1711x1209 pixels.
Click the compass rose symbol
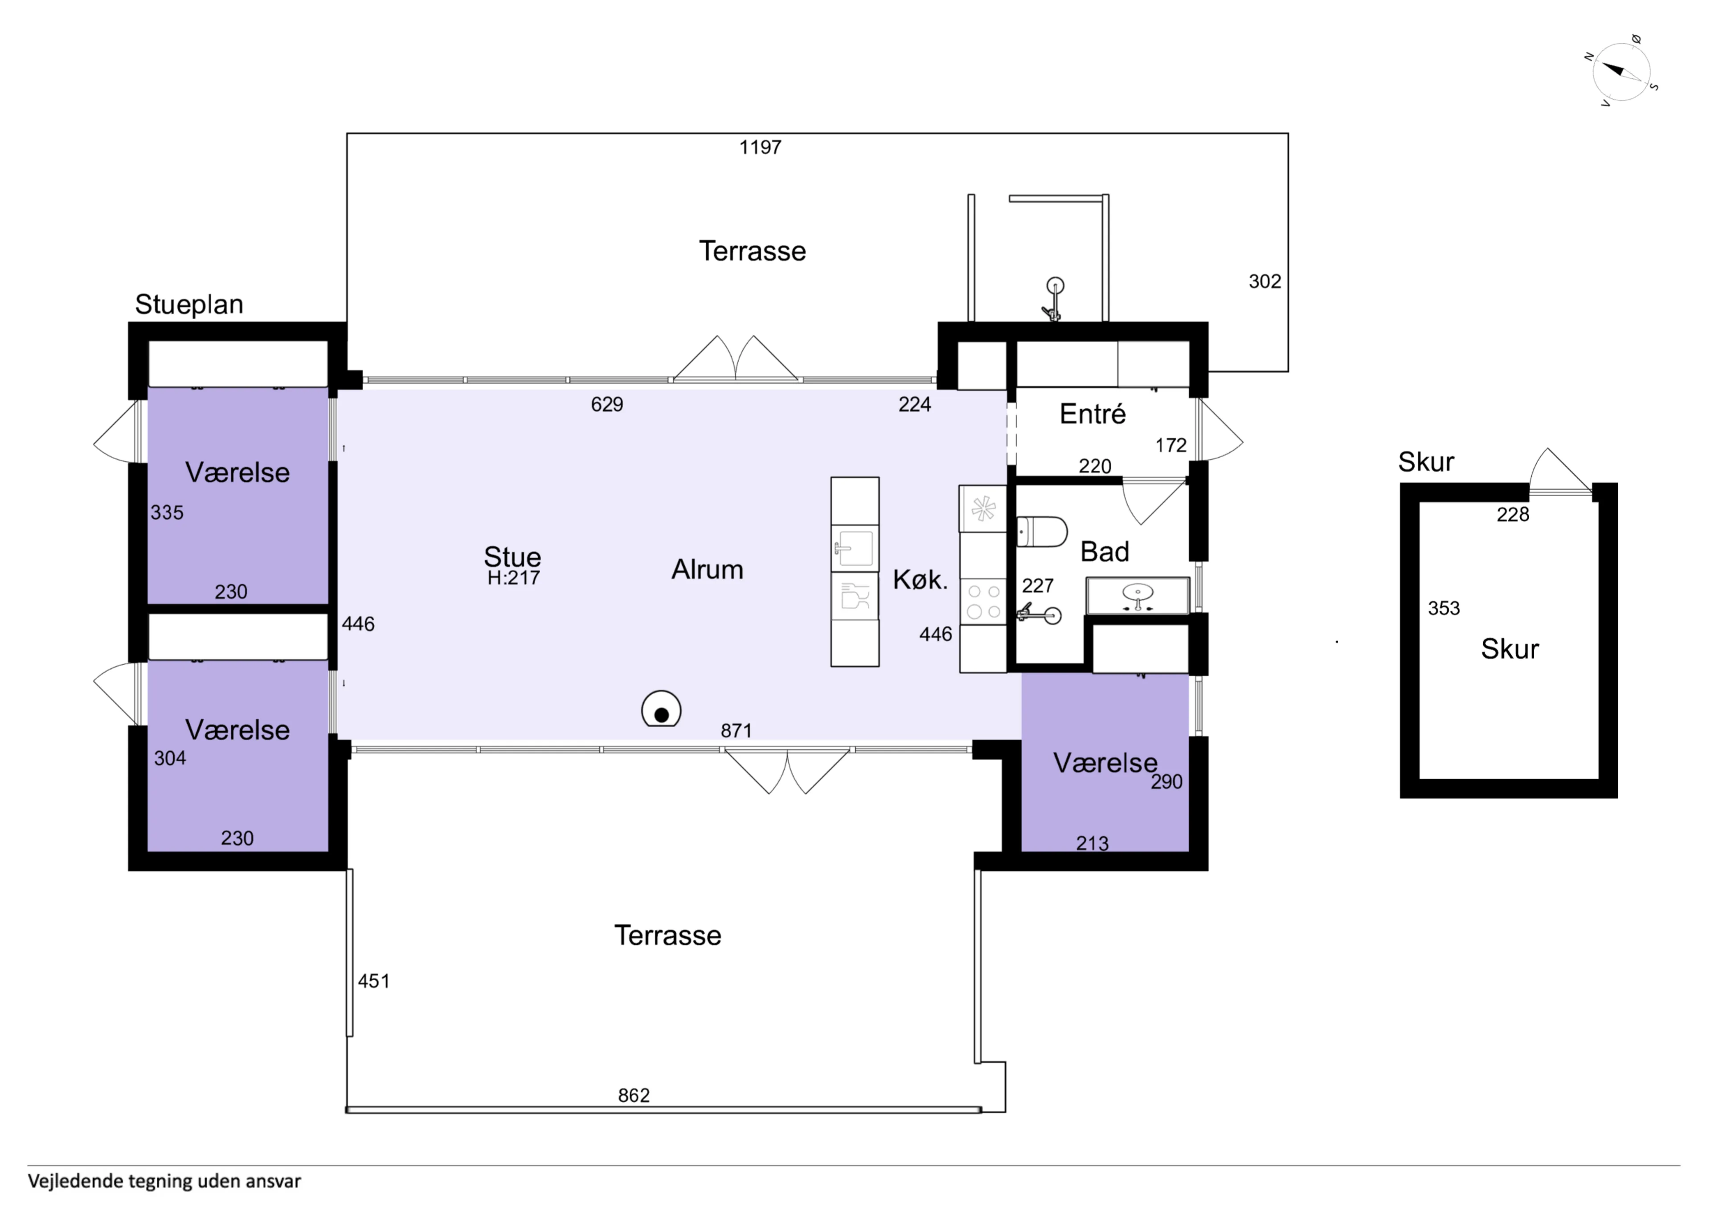tap(1621, 72)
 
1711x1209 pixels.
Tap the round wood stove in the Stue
tap(661, 709)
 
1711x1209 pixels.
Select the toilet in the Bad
tap(1042, 531)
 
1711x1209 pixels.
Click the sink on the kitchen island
tap(854, 548)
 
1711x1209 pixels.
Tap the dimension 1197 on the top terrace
tap(760, 147)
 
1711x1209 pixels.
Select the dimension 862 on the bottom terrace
tap(634, 1095)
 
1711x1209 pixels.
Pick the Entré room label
tap(1093, 414)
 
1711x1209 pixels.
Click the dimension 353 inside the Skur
tap(1444, 609)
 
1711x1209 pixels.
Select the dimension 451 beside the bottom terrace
tap(373, 981)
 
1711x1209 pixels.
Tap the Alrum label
tap(707, 570)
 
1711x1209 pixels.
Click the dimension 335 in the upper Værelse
tap(167, 513)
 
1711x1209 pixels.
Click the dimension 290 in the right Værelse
tap(1166, 782)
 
